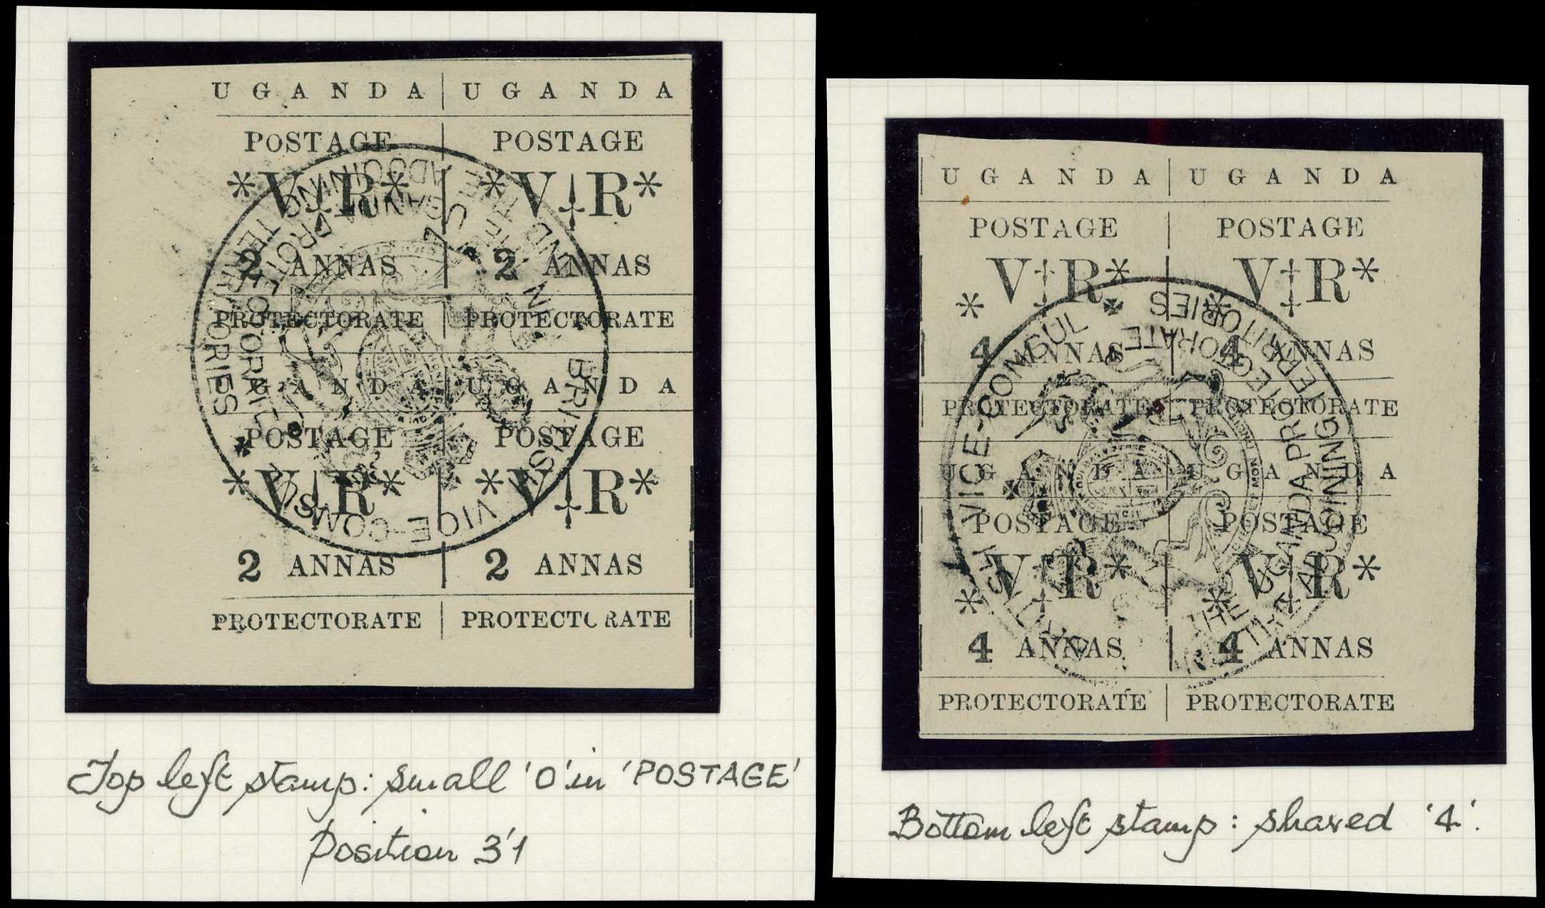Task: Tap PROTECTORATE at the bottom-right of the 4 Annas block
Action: [1290, 703]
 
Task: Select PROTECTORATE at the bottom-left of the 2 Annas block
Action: [316, 621]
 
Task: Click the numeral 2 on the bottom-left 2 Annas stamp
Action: [249, 568]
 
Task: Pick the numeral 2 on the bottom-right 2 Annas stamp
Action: [497, 567]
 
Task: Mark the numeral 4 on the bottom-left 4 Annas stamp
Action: [982, 649]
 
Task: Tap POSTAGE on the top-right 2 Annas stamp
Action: [569, 141]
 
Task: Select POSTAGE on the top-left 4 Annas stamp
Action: [1043, 228]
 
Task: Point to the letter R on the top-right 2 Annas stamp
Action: [607, 193]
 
